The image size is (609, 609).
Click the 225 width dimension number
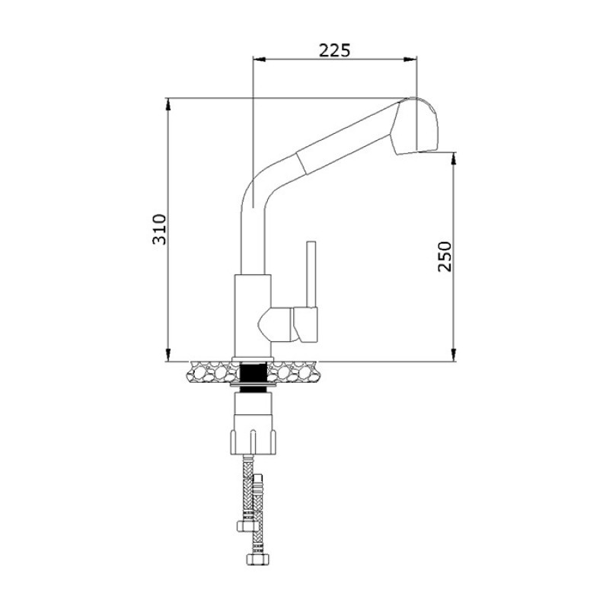[x=333, y=51]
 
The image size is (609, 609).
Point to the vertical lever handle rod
[x=310, y=274]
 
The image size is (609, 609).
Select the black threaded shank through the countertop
[x=253, y=373]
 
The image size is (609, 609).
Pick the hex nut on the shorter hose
[x=245, y=526]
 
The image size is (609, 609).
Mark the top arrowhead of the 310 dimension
[x=167, y=101]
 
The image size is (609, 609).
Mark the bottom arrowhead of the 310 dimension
[x=167, y=356]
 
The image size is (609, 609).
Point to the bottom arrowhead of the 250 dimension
[x=454, y=356]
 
